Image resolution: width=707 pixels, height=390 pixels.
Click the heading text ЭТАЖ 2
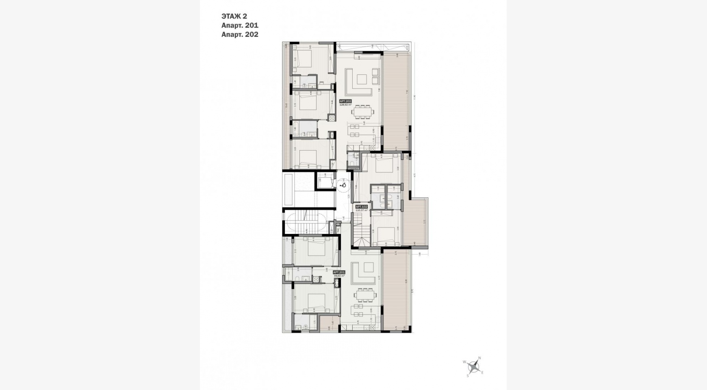(234, 16)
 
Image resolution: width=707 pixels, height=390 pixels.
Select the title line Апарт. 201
(240, 25)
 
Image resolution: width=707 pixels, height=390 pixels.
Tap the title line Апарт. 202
(240, 34)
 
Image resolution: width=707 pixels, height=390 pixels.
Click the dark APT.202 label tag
(345, 101)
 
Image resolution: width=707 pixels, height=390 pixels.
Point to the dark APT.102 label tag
(362, 207)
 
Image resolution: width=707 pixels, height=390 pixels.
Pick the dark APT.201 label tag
(339, 272)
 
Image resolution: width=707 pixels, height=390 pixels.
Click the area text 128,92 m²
(345, 105)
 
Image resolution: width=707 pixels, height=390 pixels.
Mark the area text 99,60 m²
(339, 276)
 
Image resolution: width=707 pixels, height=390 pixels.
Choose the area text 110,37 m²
(362, 210)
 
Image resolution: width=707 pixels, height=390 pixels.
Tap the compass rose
(473, 367)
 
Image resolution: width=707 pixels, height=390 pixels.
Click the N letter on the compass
(479, 358)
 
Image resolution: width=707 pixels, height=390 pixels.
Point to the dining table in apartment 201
(365, 295)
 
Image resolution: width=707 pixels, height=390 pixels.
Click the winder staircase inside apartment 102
(360, 232)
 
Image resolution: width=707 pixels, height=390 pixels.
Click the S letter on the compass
(468, 376)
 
